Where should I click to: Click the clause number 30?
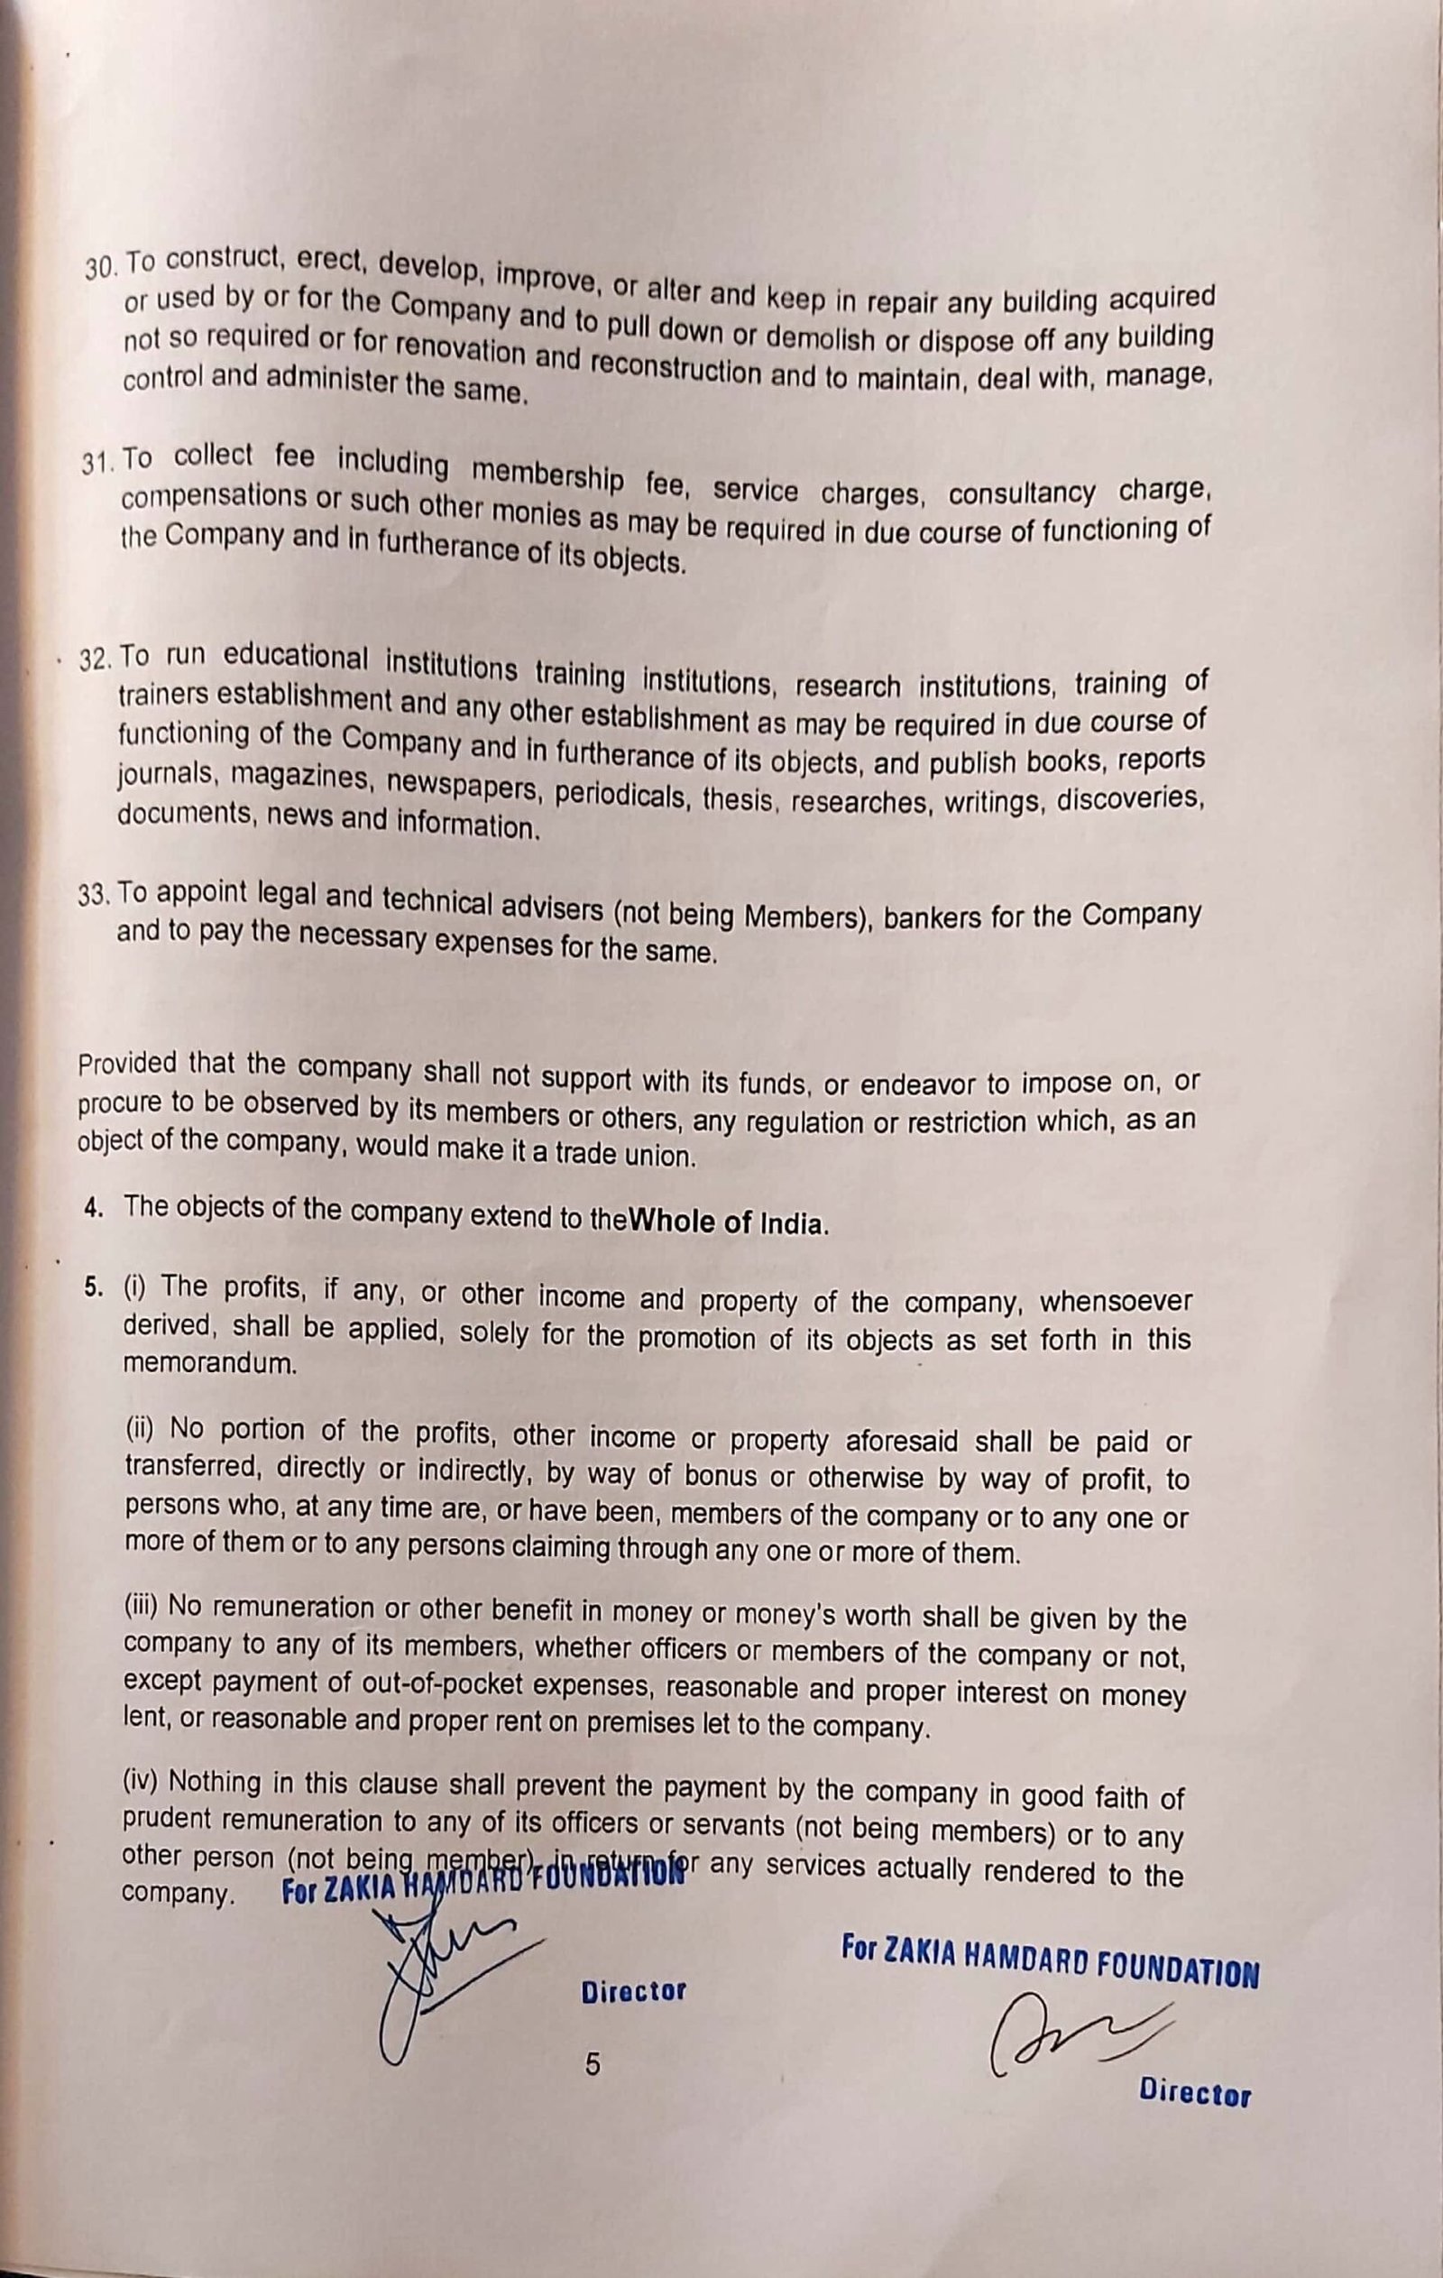tap(98, 268)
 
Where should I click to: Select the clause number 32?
tap(94, 659)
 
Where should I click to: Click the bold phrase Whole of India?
tap(728, 1222)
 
